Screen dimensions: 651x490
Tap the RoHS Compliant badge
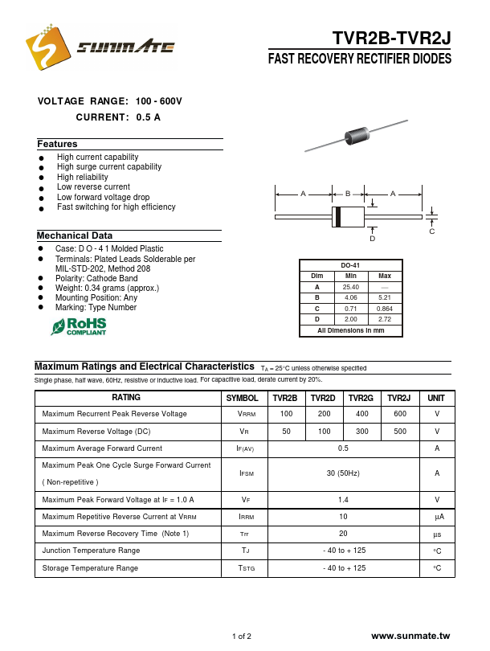(79, 325)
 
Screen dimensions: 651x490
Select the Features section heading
(57, 144)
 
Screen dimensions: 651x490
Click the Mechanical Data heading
(74, 235)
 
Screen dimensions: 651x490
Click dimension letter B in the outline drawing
(348, 194)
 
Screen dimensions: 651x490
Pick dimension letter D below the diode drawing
(372, 239)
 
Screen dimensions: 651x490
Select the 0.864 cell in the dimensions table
(385, 309)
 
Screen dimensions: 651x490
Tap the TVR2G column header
(361, 398)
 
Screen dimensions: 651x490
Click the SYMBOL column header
(242, 398)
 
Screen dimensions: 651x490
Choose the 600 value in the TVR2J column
(399, 414)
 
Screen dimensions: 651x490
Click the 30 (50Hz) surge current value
(343, 473)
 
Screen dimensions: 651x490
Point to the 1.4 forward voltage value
(343, 499)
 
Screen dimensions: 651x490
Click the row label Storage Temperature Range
(90, 568)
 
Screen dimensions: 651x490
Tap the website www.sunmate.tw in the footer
(411, 636)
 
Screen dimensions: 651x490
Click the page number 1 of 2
(242, 637)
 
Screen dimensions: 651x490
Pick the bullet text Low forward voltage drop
(103, 197)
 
